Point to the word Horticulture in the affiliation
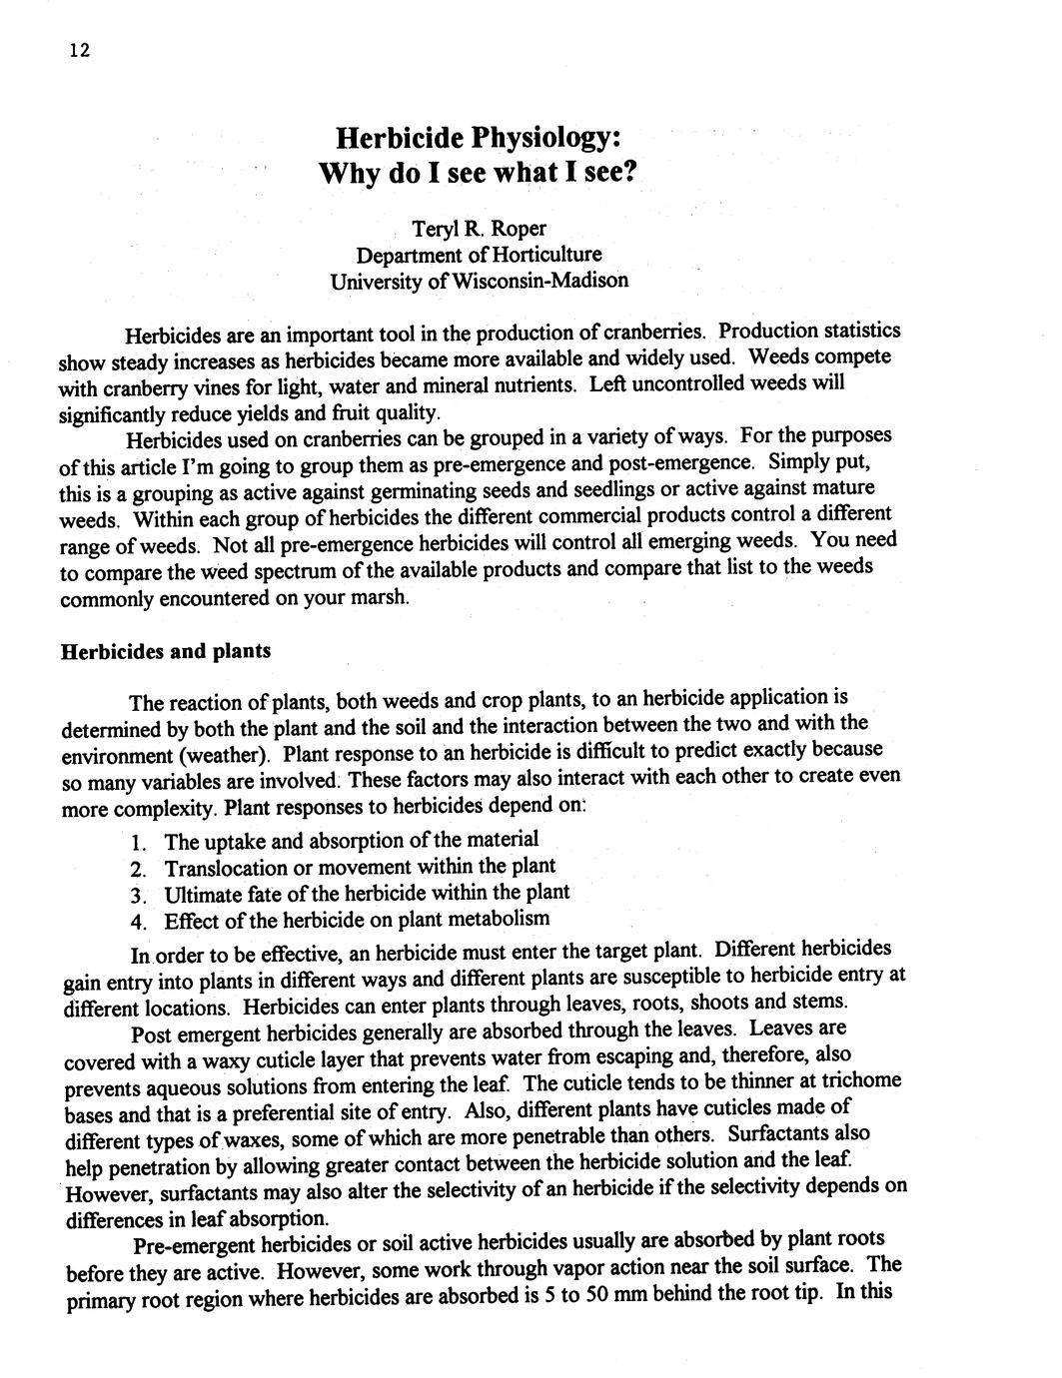(545, 254)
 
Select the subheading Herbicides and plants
(166, 652)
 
